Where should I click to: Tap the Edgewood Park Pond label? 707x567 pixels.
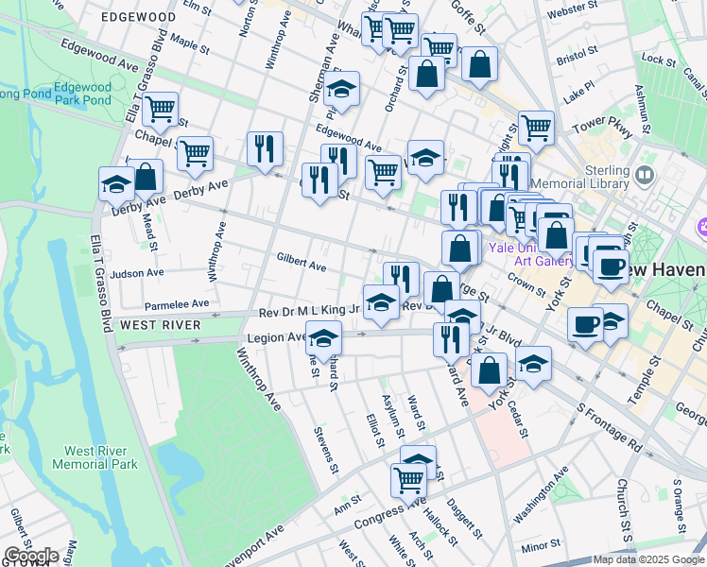coord(82,94)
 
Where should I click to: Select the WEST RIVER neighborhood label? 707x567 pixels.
coord(159,324)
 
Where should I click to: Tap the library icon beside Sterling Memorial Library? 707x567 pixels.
coord(646,175)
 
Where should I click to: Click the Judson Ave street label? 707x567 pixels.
coord(137,272)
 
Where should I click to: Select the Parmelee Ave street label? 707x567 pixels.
coord(177,304)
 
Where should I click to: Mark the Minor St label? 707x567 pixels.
coord(541,546)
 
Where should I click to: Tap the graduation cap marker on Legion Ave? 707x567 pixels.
coord(323,337)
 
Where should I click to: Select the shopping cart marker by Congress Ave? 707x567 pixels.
coord(408,478)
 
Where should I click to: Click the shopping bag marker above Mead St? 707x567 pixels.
coord(146,175)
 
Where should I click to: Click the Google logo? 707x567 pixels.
coord(31,555)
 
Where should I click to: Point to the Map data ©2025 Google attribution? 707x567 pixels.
coord(647,559)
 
